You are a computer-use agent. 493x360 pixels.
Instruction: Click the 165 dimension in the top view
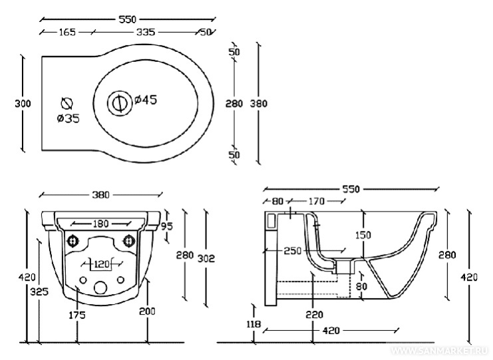(x=67, y=31)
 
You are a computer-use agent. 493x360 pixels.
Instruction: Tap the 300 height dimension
(x=23, y=103)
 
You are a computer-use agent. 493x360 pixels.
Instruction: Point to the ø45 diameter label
(x=145, y=100)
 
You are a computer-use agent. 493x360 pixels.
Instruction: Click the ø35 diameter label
(x=68, y=118)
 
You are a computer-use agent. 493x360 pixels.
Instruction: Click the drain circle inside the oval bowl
(x=118, y=102)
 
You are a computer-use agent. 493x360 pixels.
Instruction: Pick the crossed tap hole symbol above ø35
(x=67, y=103)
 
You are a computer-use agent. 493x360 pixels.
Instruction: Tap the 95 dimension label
(x=167, y=226)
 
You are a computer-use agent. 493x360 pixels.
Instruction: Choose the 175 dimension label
(x=77, y=315)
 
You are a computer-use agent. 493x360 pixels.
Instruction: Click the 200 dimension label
(x=147, y=311)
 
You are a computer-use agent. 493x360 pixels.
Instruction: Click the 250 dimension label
(x=291, y=251)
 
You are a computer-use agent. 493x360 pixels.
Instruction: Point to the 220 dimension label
(x=315, y=314)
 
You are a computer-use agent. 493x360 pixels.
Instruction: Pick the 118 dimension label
(x=254, y=325)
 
